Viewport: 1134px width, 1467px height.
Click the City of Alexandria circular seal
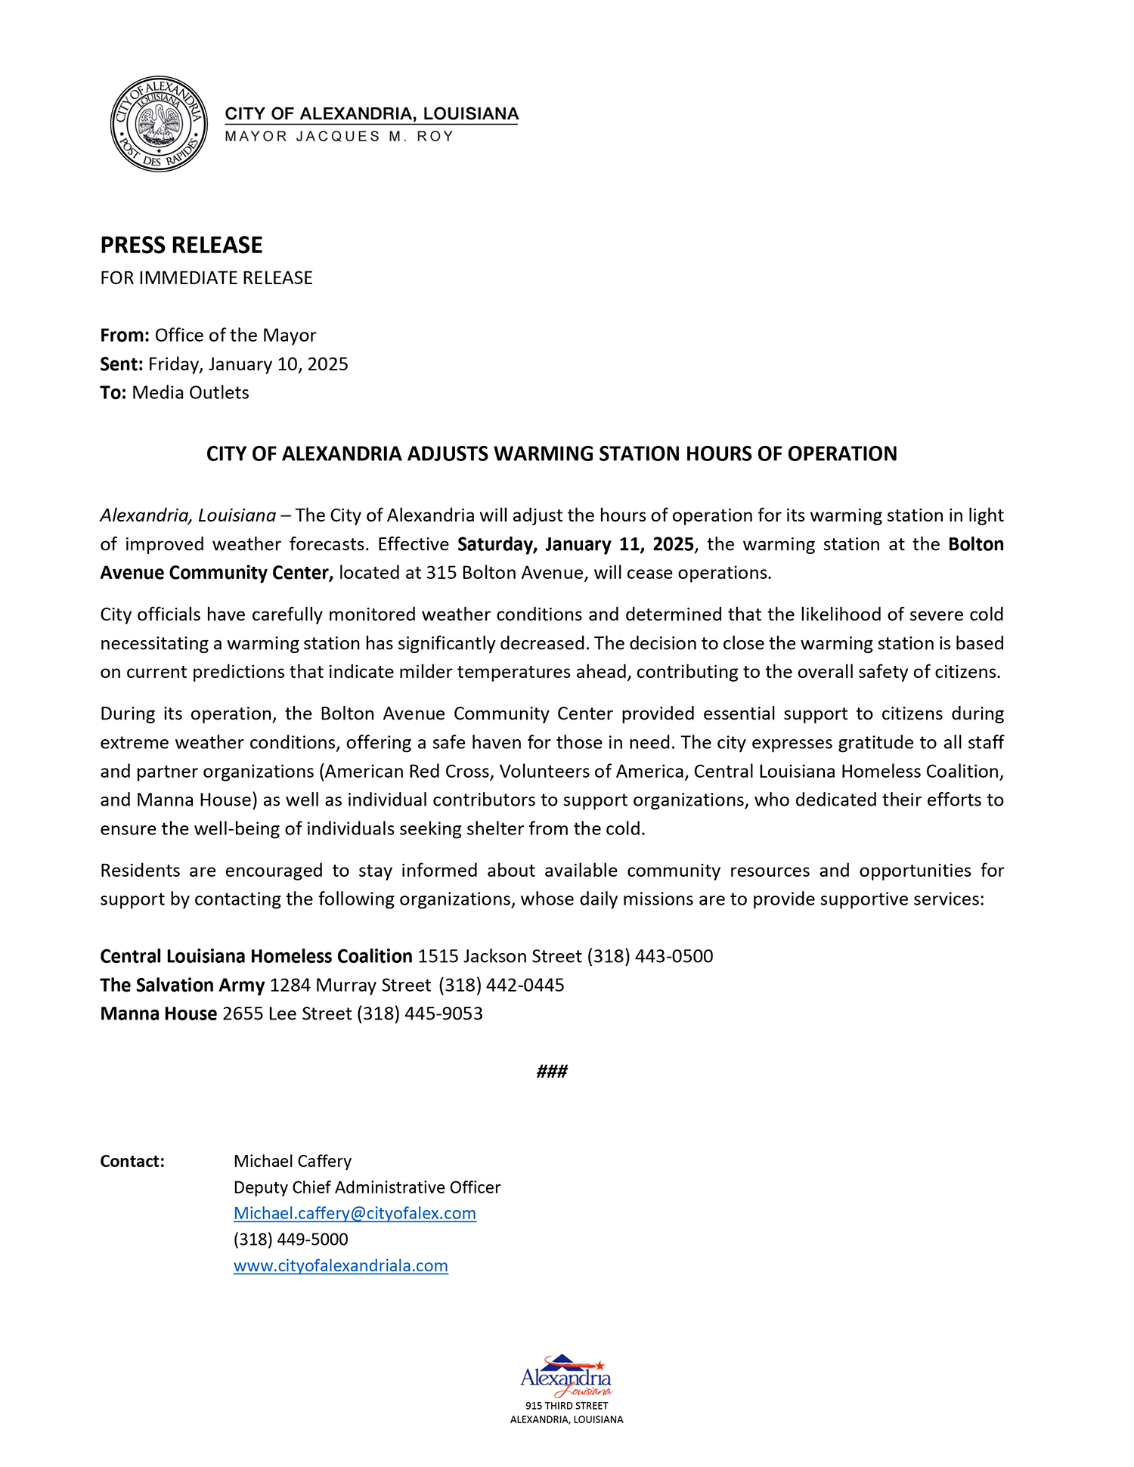tap(159, 124)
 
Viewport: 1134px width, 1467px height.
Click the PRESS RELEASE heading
tap(181, 245)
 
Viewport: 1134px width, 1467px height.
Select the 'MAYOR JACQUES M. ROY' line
tap(339, 137)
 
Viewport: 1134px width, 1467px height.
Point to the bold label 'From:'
tap(125, 336)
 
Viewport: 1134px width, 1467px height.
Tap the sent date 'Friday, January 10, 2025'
tap(248, 364)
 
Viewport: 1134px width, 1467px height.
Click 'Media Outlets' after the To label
tap(191, 393)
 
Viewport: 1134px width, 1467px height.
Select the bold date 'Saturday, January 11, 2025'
tap(575, 544)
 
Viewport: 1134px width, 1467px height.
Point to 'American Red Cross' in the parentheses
tap(407, 772)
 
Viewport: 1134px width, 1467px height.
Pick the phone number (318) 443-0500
tap(650, 957)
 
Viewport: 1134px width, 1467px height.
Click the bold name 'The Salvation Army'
tap(182, 986)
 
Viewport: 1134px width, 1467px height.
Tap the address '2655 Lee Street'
tap(287, 1014)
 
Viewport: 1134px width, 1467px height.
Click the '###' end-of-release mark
tap(552, 1072)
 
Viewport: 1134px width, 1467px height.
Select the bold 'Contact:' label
tap(132, 1162)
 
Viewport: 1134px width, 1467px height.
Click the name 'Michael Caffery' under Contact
tap(293, 1162)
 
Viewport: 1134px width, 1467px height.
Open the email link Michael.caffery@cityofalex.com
tap(355, 1214)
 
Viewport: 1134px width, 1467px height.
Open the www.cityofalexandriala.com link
tap(341, 1266)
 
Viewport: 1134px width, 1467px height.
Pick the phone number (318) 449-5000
tap(291, 1240)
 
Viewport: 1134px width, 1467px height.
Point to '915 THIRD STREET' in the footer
tap(566, 1406)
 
